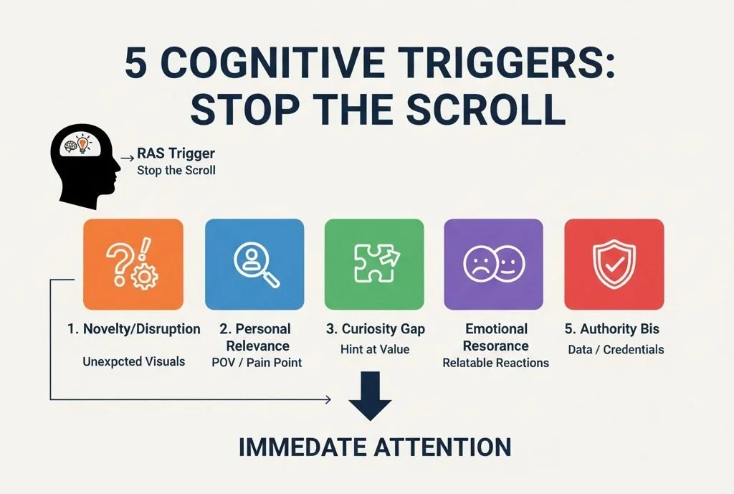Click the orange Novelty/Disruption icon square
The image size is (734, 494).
133,264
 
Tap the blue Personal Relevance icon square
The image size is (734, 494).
254,264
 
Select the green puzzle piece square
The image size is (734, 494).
374,264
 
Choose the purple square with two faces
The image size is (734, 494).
494,264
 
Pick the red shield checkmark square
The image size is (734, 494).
614,264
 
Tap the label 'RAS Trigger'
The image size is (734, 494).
176,154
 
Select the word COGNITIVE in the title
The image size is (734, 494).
276,66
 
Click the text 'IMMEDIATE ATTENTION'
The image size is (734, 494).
374,447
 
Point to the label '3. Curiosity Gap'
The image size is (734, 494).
375,329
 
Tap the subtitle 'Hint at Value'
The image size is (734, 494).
375,349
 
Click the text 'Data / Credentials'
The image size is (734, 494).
615,349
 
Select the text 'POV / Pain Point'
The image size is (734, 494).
257,362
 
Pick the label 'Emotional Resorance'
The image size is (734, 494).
495,338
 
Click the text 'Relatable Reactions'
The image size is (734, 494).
495,362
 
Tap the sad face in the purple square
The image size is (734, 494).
477,264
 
